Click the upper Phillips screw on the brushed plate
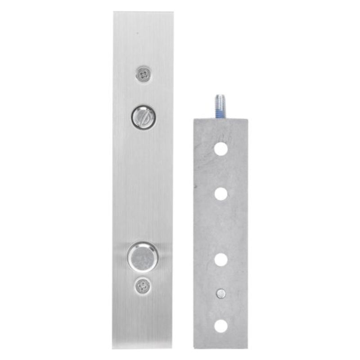[x=144, y=73]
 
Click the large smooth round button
[x=143, y=256]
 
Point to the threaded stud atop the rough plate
[x=220, y=106]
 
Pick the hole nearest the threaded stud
[x=220, y=149]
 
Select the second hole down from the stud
[x=220, y=194]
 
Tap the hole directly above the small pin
[x=220, y=260]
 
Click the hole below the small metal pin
[x=220, y=326]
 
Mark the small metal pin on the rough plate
[x=220, y=293]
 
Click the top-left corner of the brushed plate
[x=114, y=13]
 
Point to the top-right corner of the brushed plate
[x=173, y=13]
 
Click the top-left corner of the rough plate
[x=193, y=118]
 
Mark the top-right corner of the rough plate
[x=247, y=118]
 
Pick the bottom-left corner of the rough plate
[x=193, y=347]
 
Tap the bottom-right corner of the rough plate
[x=247, y=347]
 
